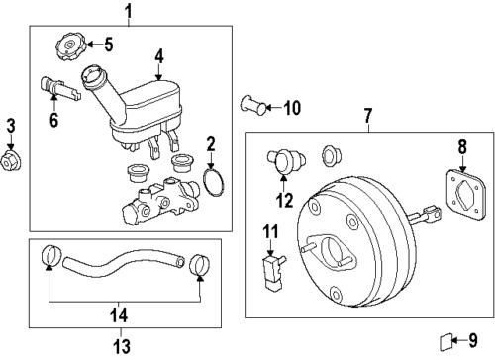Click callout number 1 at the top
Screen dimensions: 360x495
127,11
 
